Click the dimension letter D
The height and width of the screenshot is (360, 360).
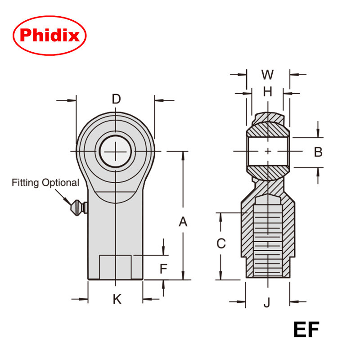tap(116, 99)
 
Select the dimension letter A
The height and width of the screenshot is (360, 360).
tap(183, 221)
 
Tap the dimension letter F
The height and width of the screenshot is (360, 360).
tap(164, 269)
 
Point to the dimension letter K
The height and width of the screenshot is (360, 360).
tap(117, 299)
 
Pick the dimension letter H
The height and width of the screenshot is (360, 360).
tap(268, 92)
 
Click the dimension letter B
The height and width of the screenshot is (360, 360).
tap(318, 152)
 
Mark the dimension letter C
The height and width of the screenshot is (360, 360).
tap(221, 243)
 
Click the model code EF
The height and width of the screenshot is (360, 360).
tap(306, 330)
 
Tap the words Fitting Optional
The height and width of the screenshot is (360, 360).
tap(45, 183)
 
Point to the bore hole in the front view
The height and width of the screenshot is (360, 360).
tap(116, 151)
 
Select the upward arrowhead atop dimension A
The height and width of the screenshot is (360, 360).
tap(183, 156)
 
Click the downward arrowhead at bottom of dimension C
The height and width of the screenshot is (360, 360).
tap(221, 275)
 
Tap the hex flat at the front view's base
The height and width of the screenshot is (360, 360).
tap(116, 267)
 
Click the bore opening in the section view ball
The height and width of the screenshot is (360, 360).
tap(268, 152)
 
